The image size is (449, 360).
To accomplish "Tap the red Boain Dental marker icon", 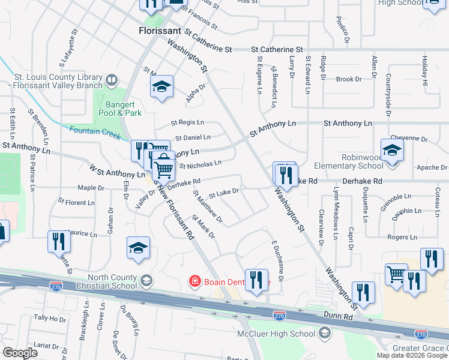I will pos(194,280).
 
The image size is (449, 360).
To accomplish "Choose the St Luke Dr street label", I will pos(224,193).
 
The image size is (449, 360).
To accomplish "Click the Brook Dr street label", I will pos(349,79).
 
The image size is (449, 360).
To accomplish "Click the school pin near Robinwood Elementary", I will pos(391,150).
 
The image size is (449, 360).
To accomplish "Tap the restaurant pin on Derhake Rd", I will pos(286,174).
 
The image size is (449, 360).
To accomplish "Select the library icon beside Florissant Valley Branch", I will pos(112,80).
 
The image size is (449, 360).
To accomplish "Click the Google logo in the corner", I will pos(20,353).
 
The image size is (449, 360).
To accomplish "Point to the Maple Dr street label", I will pos(91,188).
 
